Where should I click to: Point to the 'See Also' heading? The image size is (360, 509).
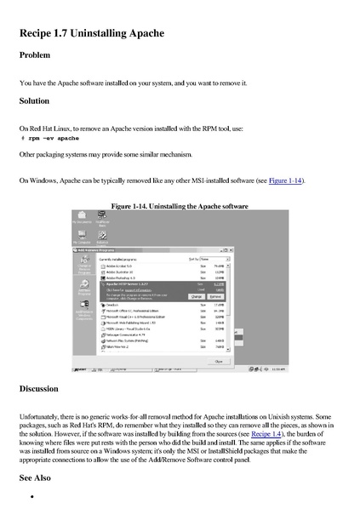click(36, 478)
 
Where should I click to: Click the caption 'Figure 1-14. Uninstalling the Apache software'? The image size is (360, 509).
click(180, 206)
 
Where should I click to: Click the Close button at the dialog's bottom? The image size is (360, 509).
click(218, 360)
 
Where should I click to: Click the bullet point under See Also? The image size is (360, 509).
click(31, 495)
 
